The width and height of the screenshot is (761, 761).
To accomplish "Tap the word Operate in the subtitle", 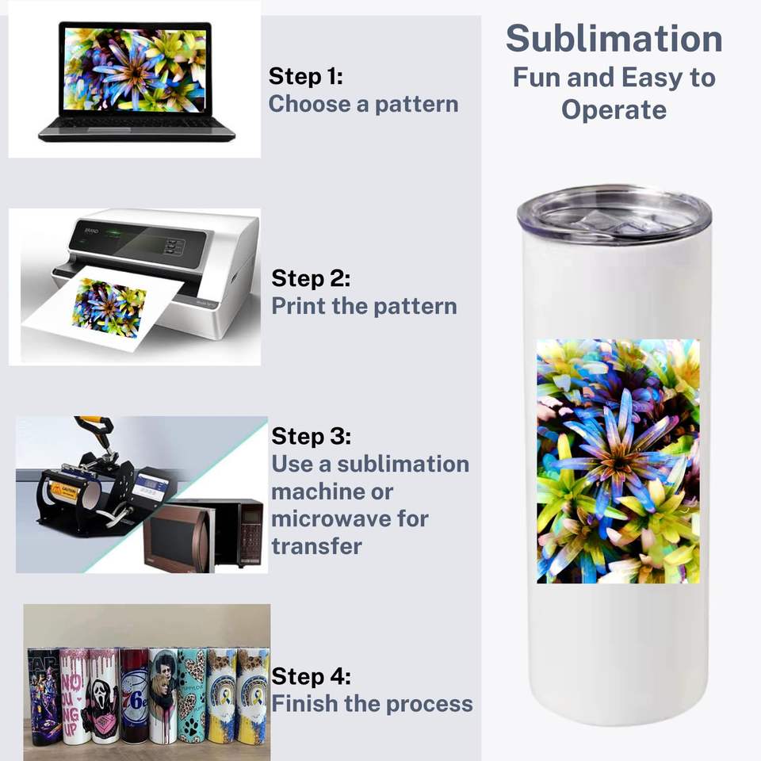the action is (x=614, y=109).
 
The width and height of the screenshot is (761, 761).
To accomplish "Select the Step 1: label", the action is (x=305, y=77).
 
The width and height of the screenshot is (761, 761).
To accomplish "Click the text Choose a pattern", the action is (x=363, y=104).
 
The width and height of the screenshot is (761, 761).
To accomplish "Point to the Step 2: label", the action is (x=311, y=279).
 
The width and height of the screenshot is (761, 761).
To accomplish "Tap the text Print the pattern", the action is (x=364, y=306).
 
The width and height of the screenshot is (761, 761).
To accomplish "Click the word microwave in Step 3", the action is (x=350, y=518).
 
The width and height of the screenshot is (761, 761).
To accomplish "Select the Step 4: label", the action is (x=311, y=676).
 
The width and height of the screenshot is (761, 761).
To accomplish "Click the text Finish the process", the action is (x=372, y=703).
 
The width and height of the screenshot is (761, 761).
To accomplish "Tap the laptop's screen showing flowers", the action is (x=134, y=69).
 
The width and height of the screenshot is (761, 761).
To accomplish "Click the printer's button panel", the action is (x=174, y=246).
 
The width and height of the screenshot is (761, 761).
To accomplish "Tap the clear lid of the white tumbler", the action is (x=614, y=212).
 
